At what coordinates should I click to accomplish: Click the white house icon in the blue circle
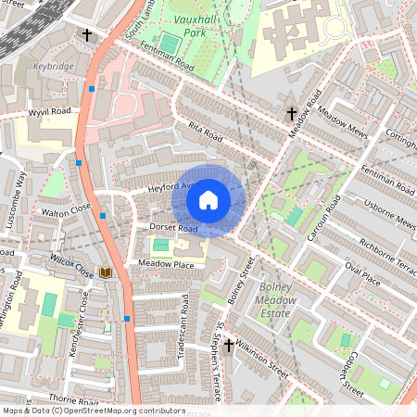[x=208, y=199]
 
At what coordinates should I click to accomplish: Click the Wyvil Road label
[x=49, y=111]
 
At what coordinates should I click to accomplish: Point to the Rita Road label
[x=207, y=132]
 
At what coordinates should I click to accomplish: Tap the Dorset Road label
[x=175, y=227]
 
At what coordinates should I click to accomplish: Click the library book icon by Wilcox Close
[x=106, y=272]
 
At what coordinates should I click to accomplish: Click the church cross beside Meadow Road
[x=291, y=114]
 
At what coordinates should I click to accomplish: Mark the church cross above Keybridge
[x=87, y=35]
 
